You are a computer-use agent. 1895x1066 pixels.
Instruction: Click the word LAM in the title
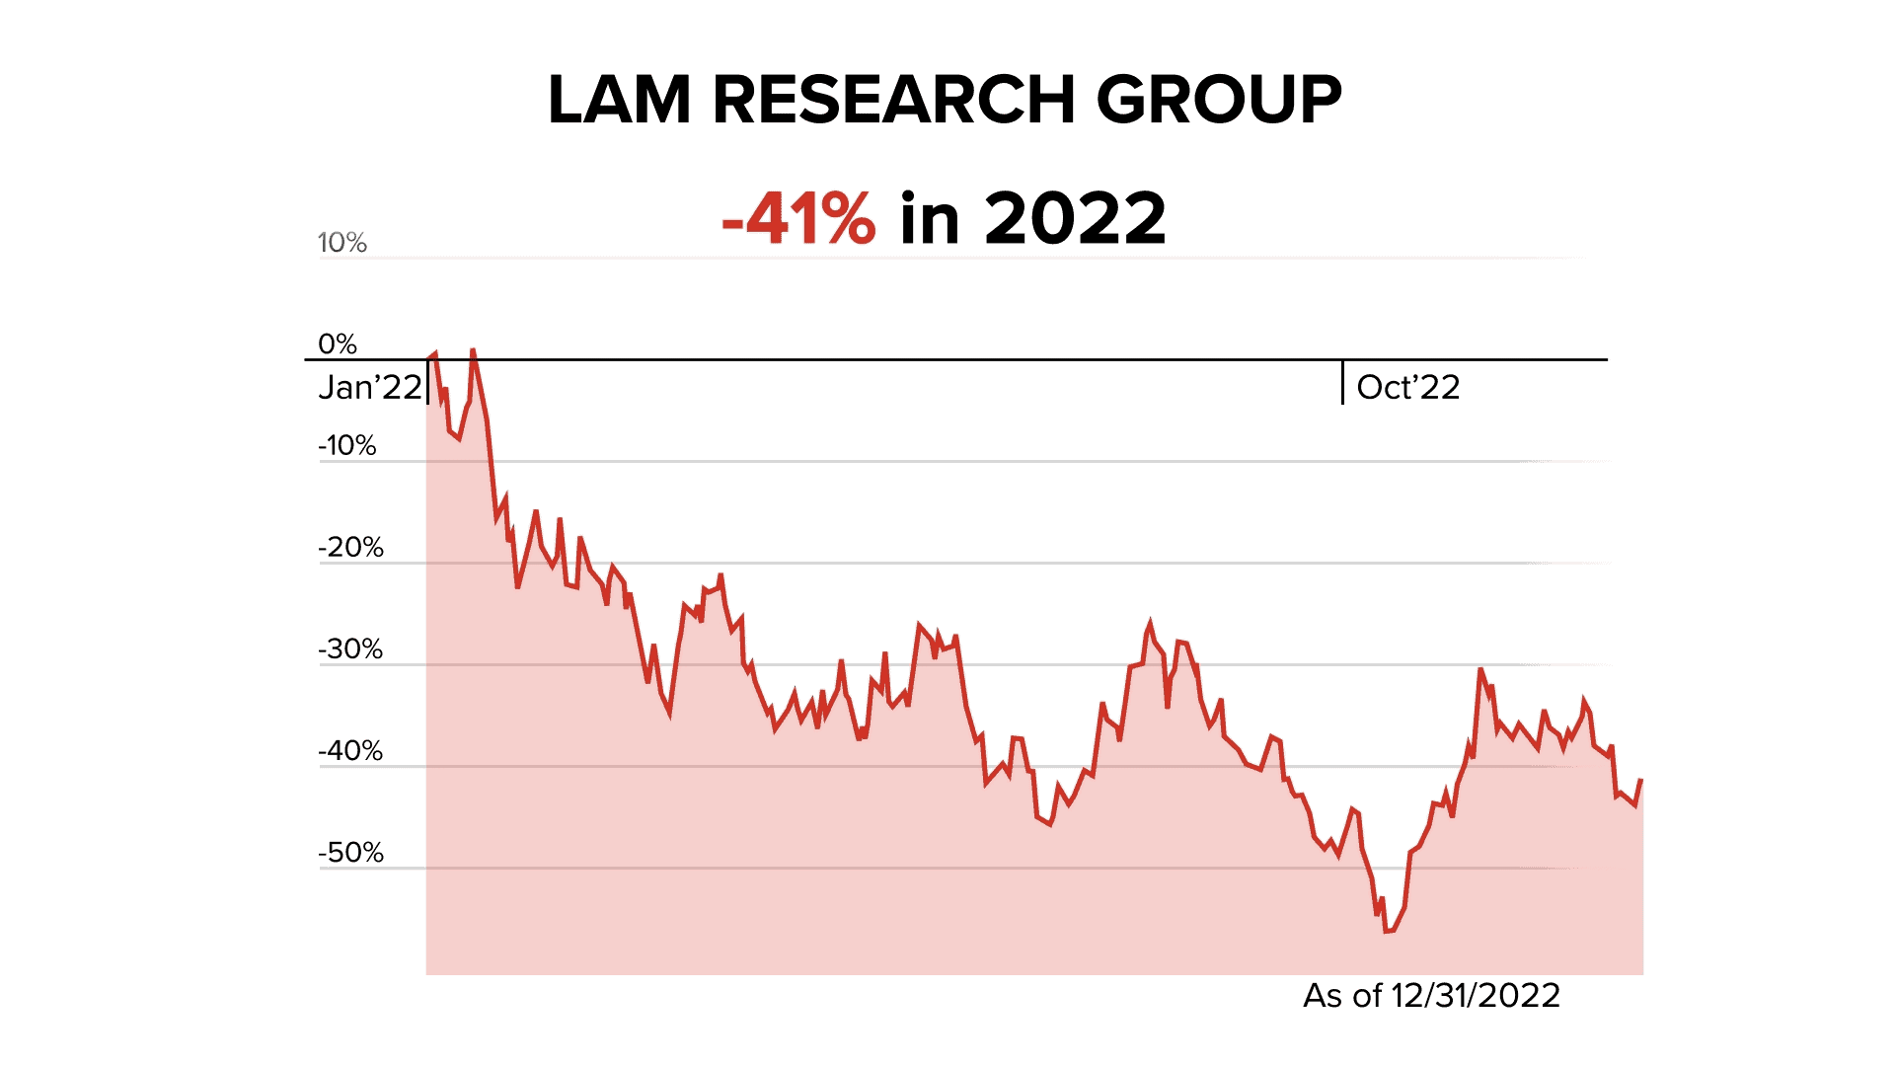click(x=619, y=100)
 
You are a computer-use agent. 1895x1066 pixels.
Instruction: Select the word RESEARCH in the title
click(x=892, y=100)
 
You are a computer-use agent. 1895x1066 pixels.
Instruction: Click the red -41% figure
click(x=797, y=218)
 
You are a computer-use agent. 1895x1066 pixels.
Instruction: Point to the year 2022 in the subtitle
click(x=1075, y=218)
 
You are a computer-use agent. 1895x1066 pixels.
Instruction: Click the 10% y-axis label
click(x=341, y=243)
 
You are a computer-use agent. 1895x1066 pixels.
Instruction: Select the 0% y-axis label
click(x=337, y=343)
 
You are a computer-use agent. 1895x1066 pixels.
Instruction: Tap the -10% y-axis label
click(x=346, y=445)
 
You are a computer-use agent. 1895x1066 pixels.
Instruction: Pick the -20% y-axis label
click(x=350, y=547)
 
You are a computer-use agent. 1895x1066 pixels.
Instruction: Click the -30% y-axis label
click(x=350, y=648)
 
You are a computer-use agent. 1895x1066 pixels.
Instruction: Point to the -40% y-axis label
click(x=350, y=750)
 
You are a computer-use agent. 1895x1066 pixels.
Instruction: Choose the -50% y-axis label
click(x=350, y=852)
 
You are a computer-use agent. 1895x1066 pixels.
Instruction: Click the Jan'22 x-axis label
click(x=369, y=387)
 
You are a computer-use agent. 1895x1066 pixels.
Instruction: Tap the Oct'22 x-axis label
click(x=1407, y=387)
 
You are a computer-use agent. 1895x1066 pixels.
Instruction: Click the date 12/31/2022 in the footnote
click(x=1475, y=995)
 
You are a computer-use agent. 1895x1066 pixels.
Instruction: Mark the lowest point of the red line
click(x=1388, y=931)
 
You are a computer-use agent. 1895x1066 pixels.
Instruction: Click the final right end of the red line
click(x=1641, y=780)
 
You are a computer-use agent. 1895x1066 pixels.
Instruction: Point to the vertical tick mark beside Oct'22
click(x=1342, y=383)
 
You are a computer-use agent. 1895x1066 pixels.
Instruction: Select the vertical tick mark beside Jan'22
click(x=427, y=383)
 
